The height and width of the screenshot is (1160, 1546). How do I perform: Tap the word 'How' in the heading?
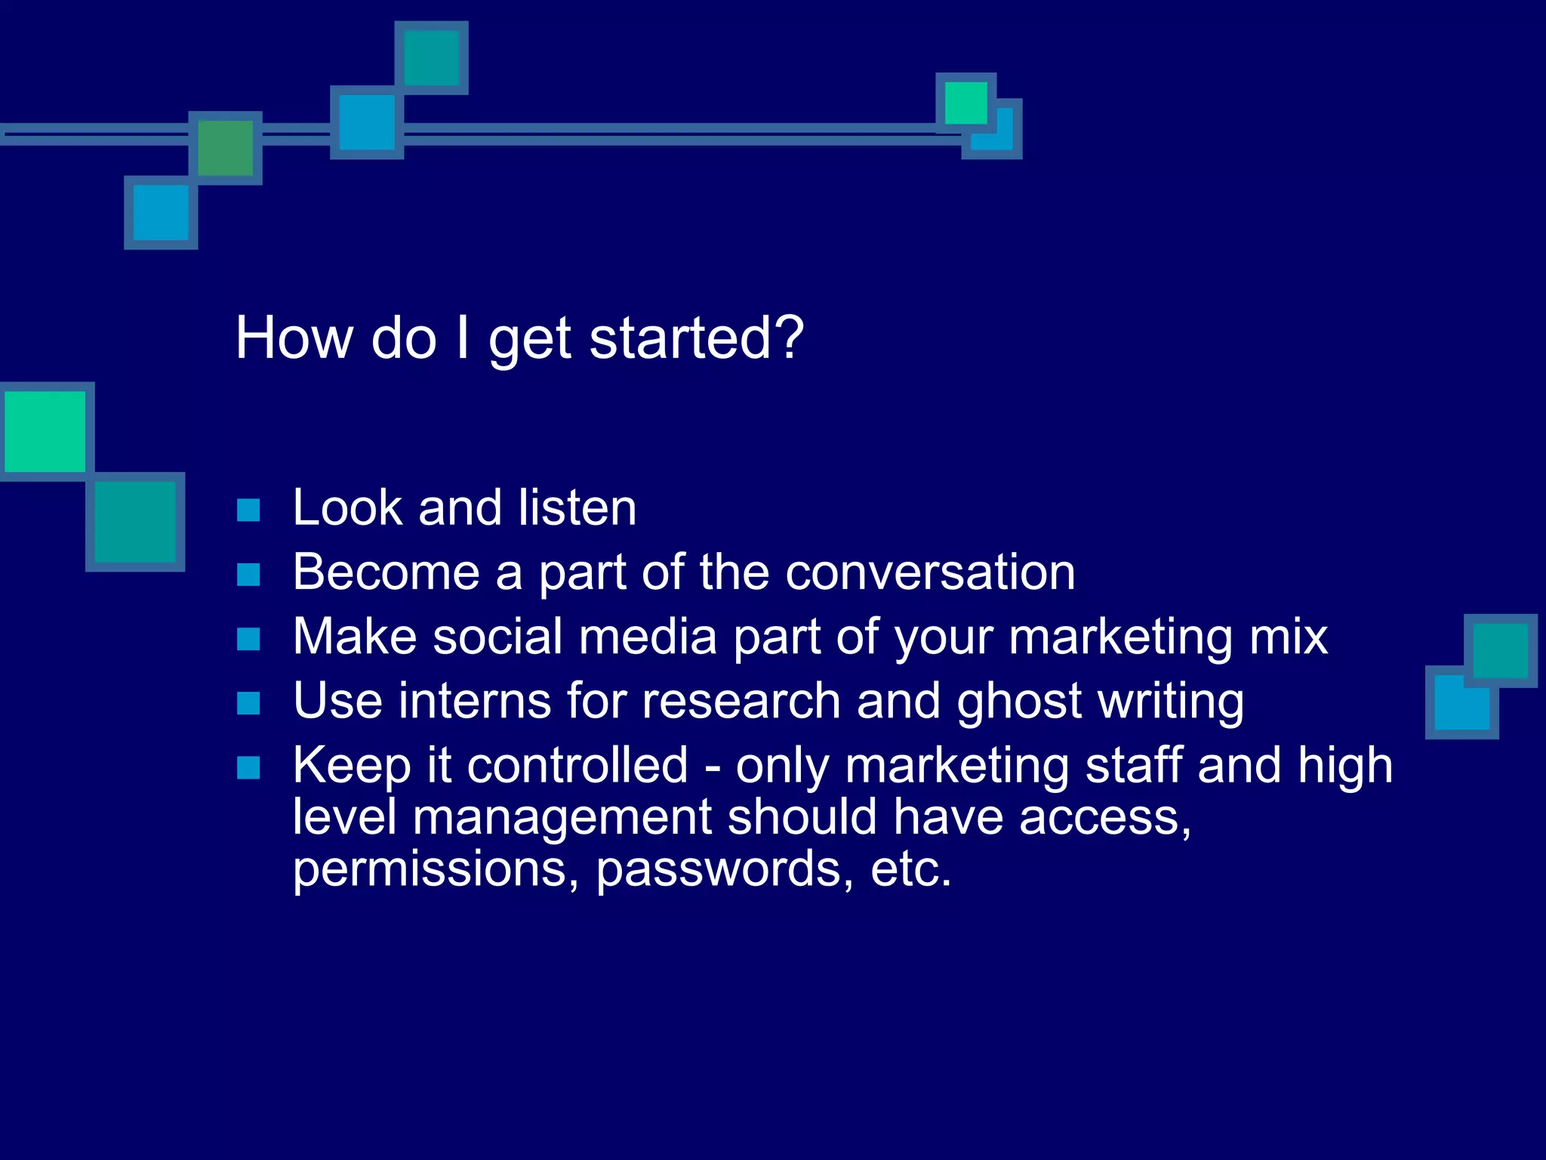point(294,338)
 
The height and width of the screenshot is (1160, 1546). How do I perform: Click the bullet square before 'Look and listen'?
point(248,511)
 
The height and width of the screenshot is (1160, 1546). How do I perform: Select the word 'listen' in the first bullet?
point(577,507)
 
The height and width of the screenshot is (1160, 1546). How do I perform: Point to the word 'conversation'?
point(930,572)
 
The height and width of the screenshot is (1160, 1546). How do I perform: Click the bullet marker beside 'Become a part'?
point(248,575)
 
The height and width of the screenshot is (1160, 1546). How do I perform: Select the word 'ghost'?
point(1019,702)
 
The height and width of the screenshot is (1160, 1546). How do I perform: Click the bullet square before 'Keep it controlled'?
point(248,768)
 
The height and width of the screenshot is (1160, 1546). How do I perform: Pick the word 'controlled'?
point(577,766)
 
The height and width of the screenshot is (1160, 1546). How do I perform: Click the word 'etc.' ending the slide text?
point(910,868)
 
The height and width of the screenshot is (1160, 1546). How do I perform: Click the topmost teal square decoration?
point(431,58)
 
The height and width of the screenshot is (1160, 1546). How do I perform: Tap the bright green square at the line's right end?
point(965,103)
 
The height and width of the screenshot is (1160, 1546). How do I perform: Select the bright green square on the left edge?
point(45,431)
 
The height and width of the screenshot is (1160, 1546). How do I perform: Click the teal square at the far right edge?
point(1500,650)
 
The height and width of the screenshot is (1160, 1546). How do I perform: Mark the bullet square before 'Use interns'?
point(248,704)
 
